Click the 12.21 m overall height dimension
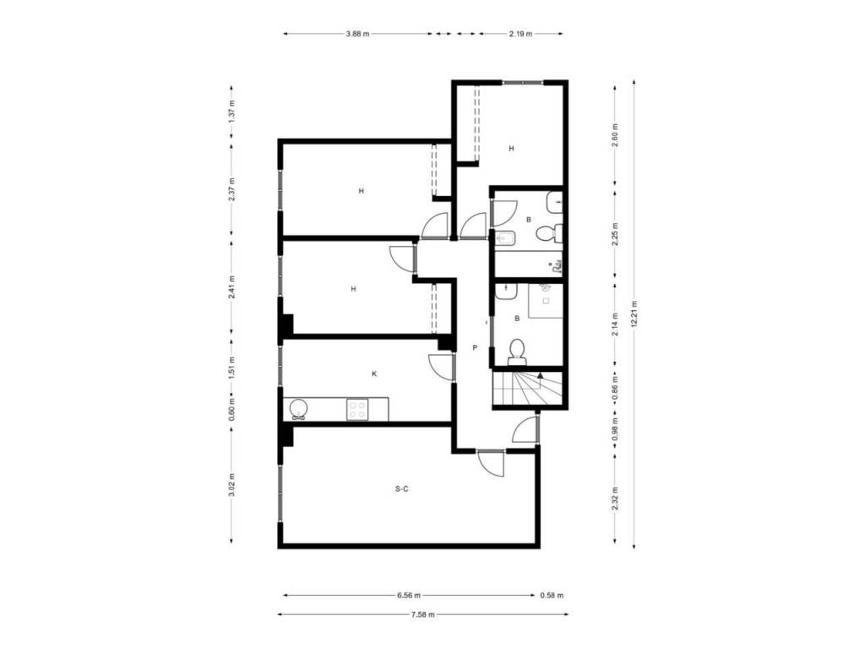click(x=634, y=314)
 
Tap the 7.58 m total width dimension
click(x=422, y=614)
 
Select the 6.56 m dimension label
click(x=409, y=596)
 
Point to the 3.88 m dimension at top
click(x=357, y=34)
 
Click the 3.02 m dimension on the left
click(x=231, y=485)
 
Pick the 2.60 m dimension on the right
click(x=615, y=134)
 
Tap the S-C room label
click(x=401, y=489)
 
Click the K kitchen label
click(x=374, y=374)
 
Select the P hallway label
click(x=475, y=347)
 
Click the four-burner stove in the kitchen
click(x=357, y=410)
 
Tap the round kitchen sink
click(x=298, y=409)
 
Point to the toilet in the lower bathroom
click(x=517, y=352)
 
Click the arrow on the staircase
click(x=540, y=375)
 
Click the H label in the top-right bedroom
click(x=511, y=149)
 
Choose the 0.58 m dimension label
click(x=552, y=596)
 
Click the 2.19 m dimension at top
click(x=520, y=34)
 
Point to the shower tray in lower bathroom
click(x=546, y=301)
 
